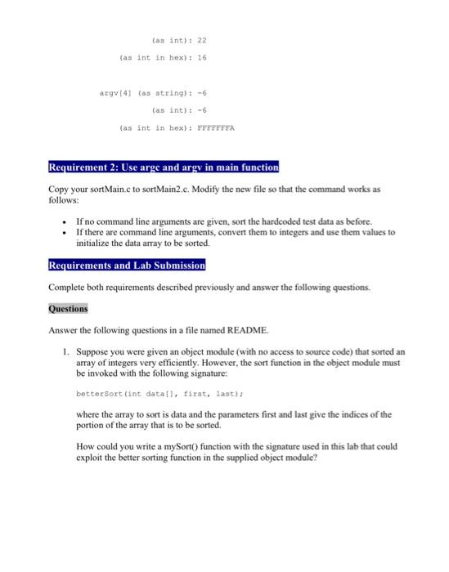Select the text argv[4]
(112, 94)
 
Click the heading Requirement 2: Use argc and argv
(163, 168)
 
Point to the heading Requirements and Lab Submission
(126, 266)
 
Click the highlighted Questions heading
(68, 310)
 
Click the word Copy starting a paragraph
(59, 188)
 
